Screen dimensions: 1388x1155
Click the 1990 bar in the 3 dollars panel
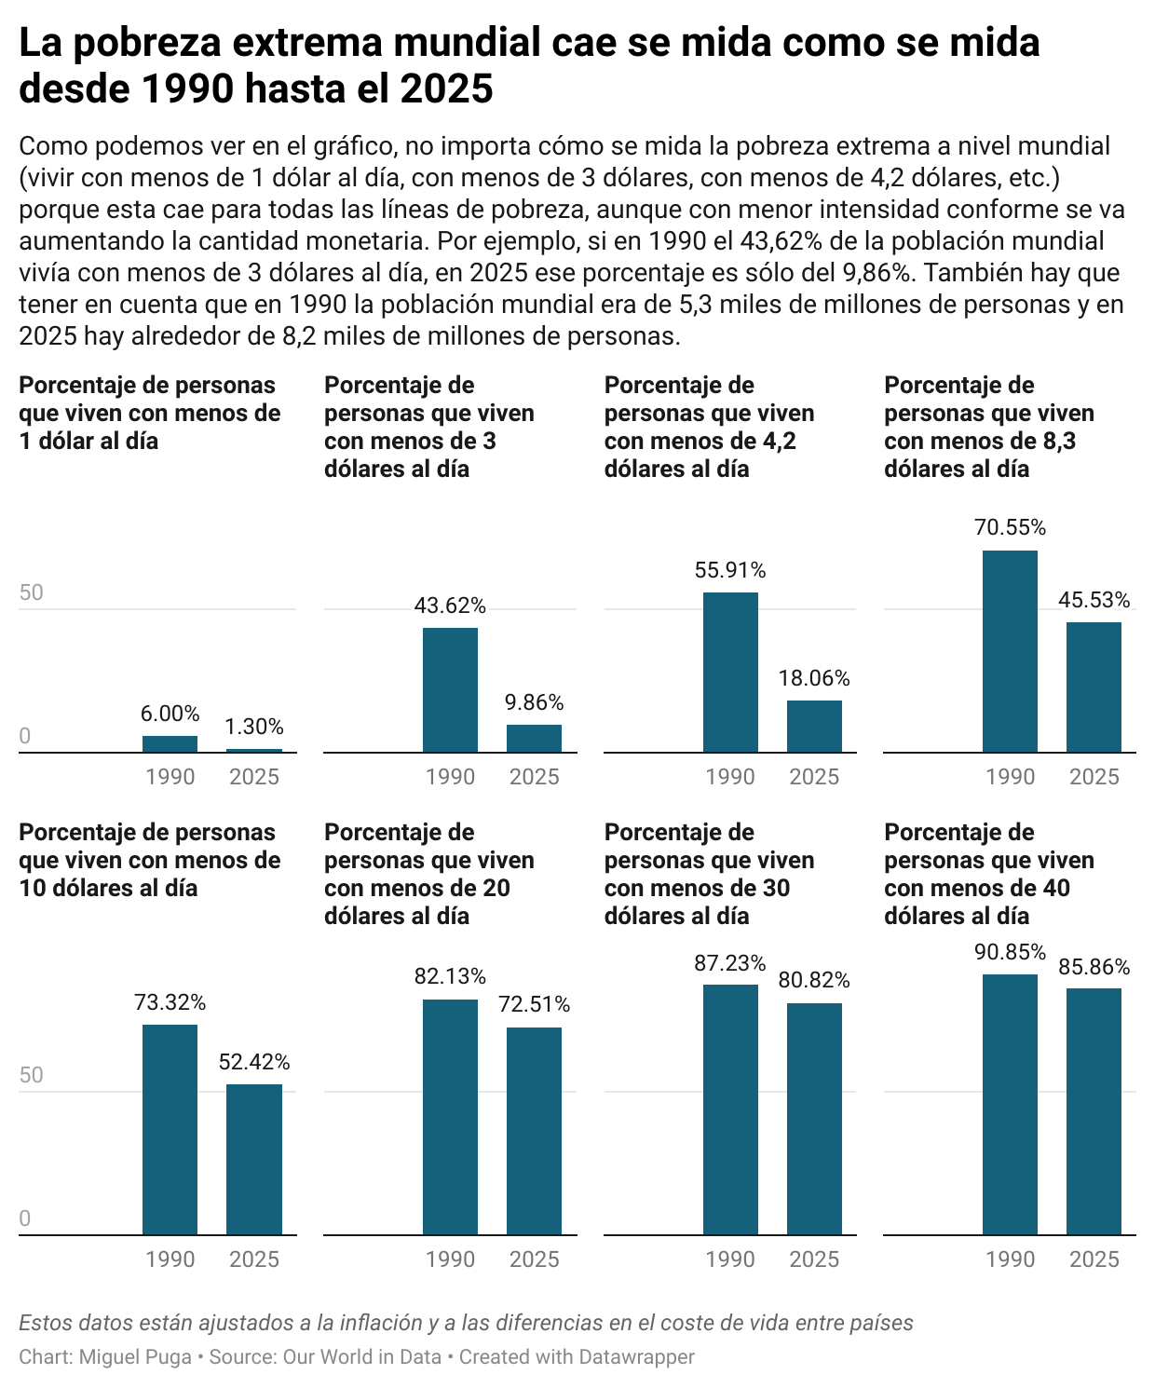pos(450,690)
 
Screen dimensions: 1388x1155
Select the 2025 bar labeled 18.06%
pos(814,727)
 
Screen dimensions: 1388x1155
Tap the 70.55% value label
pos(1010,527)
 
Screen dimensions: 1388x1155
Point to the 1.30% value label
pos(254,727)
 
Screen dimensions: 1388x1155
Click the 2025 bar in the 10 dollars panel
pos(254,1160)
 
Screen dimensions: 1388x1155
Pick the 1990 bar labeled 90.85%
pos(1010,1105)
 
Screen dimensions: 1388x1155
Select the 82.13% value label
pos(450,976)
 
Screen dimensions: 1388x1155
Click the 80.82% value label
pos(814,980)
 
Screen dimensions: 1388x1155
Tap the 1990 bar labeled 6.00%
pos(170,744)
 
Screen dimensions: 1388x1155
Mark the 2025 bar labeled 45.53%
pos(1094,687)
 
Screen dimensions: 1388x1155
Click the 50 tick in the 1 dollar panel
pos(31,593)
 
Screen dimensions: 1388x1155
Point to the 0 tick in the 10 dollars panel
pos(25,1218)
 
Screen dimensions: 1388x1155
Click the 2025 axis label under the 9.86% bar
pos(534,777)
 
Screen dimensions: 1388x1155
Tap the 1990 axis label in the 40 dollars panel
pos(1010,1259)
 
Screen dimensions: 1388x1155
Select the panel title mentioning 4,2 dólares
pos(709,427)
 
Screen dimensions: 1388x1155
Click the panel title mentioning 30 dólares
pos(709,874)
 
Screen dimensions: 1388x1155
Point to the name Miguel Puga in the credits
pos(135,1357)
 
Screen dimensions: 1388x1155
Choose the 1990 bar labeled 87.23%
pos(730,1109)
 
